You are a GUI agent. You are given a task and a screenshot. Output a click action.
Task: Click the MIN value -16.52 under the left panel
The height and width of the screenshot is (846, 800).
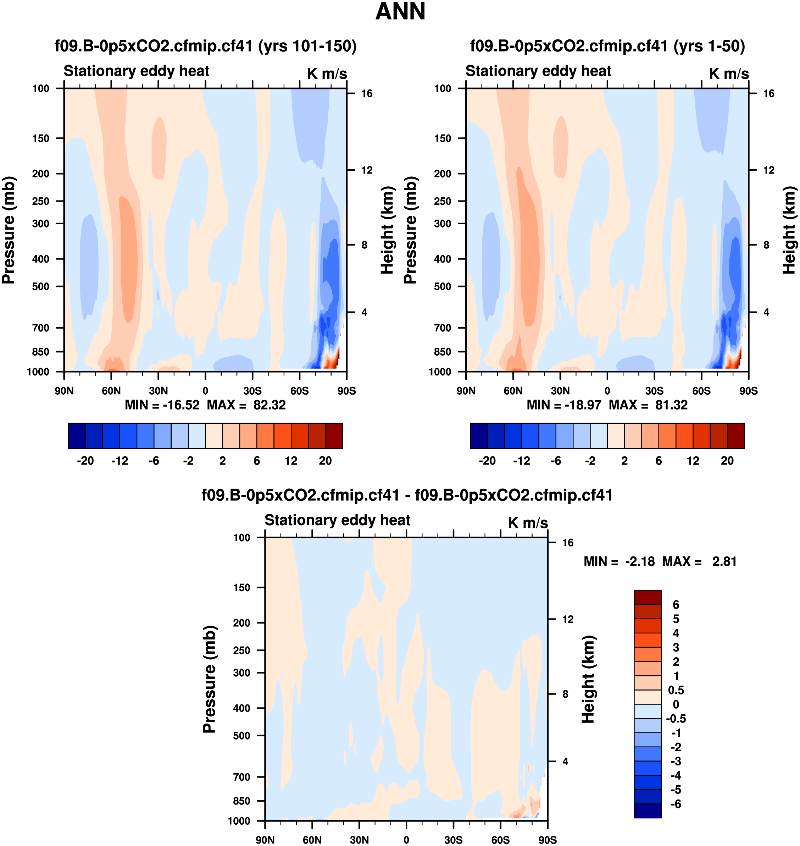point(181,405)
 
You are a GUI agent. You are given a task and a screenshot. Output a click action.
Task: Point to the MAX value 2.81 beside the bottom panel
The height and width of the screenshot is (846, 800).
point(724,561)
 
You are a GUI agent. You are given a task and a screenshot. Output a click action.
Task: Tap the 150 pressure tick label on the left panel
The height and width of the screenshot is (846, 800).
point(41,138)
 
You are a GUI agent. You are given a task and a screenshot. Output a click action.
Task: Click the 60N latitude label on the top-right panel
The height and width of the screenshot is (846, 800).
point(513,391)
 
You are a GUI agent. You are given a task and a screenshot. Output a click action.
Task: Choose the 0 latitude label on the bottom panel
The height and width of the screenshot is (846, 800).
point(406,840)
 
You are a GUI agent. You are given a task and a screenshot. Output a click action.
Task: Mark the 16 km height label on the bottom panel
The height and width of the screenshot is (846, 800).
point(568,543)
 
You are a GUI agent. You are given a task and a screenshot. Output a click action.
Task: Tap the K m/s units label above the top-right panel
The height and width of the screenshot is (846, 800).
point(729,73)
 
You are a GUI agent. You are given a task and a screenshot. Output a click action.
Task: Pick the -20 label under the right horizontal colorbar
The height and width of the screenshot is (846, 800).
point(487,461)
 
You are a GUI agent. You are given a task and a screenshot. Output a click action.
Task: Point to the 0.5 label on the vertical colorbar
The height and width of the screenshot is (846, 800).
point(676,690)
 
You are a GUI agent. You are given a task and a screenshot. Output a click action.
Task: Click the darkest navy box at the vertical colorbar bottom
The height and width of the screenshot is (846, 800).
point(647,811)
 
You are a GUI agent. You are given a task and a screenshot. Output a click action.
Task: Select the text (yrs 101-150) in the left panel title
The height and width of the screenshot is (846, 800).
point(307,46)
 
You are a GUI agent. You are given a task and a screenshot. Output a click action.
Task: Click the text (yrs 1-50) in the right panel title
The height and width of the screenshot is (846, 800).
point(709,46)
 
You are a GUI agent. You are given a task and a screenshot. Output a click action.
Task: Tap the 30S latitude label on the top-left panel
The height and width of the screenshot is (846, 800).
point(252,391)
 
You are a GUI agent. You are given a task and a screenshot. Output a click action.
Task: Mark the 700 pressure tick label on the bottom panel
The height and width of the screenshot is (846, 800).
point(241,777)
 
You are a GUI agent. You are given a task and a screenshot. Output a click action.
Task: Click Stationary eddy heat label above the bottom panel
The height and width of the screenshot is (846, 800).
point(337,520)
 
